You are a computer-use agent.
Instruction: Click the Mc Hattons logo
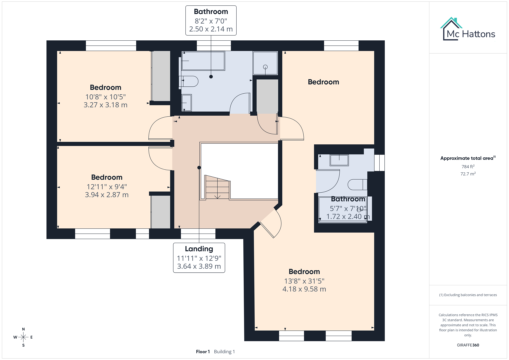point(468,29)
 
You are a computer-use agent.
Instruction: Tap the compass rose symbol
point(23,337)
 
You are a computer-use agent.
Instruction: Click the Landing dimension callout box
point(199,258)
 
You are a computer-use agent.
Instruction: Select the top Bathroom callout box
point(211,20)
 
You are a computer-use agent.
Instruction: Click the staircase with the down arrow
point(217,188)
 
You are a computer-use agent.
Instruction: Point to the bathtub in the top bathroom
point(203,61)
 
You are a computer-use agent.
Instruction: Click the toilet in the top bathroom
point(189,81)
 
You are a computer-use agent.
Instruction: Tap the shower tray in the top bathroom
point(265,63)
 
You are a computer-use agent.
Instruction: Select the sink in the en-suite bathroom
point(339,160)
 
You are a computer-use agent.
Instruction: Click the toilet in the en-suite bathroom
point(357,184)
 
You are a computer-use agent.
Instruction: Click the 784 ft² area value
point(468,166)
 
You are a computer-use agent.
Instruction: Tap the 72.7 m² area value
point(468,174)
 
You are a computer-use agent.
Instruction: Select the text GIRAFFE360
point(468,345)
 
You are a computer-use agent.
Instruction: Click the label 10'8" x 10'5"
point(105,97)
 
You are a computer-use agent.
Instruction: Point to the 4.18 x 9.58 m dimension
point(304,289)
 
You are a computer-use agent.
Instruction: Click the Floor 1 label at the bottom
point(203,352)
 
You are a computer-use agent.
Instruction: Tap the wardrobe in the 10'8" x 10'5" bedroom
point(161,76)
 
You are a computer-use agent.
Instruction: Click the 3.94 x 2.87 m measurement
point(107,195)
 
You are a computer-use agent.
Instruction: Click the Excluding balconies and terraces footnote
point(468,295)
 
